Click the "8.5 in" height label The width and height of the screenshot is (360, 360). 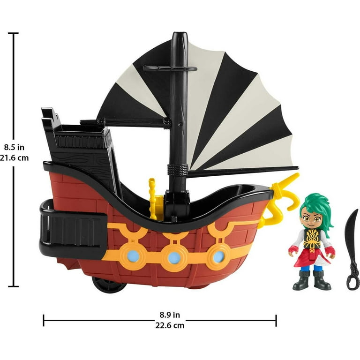(14, 147)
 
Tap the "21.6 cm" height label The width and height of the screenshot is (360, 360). (14, 157)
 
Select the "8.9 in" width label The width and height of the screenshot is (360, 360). (170, 315)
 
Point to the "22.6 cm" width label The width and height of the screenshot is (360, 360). (170, 325)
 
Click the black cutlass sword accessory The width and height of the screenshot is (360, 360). (352, 250)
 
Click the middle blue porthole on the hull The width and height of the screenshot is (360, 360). (174, 258)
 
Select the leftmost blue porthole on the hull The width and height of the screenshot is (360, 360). (133, 256)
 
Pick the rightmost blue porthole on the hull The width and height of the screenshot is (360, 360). (218, 256)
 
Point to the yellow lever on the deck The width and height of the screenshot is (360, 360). (152, 199)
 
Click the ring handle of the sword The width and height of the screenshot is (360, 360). (353, 282)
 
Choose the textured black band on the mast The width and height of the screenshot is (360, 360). (178, 170)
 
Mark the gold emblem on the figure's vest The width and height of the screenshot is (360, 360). (312, 238)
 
